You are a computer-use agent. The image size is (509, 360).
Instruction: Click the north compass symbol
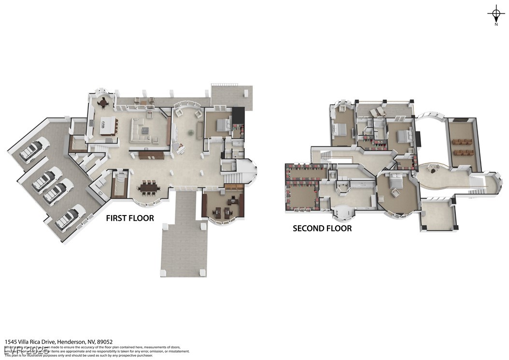tap(496, 13)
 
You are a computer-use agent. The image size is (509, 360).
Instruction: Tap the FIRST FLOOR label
tap(130, 218)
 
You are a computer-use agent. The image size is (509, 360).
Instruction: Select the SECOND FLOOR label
tap(322, 228)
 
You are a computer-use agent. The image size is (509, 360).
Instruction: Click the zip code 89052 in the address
tap(105, 342)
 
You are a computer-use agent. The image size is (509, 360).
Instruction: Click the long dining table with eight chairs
tap(148, 187)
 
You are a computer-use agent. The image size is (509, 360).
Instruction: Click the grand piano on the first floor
tap(180, 148)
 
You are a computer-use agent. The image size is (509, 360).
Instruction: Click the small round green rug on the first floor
tap(191, 132)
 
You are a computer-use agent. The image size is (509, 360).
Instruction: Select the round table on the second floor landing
tap(433, 169)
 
